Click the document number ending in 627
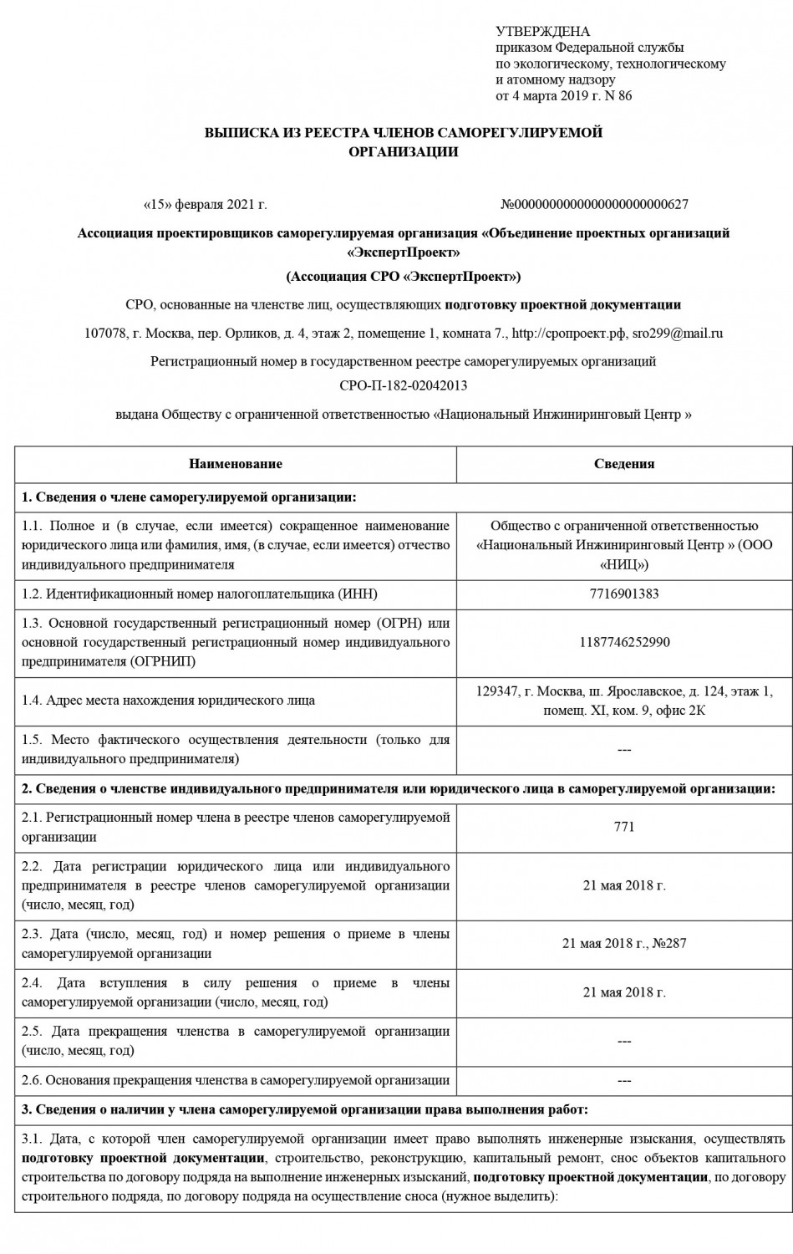tap(594, 204)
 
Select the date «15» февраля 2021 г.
tap(206, 204)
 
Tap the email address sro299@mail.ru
tap(677, 333)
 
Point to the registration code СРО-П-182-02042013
tap(403, 385)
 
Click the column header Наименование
tap(235, 464)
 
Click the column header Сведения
tap(623, 464)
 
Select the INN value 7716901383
tap(623, 594)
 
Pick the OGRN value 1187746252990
tap(623, 643)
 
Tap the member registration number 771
tap(623, 827)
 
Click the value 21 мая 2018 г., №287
tap(623, 944)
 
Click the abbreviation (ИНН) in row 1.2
tap(357, 594)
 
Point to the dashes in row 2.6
tap(623, 1081)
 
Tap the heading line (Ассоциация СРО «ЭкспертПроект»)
tap(403, 277)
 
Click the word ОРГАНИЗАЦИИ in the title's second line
tap(403, 152)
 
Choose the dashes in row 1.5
tap(623, 750)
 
